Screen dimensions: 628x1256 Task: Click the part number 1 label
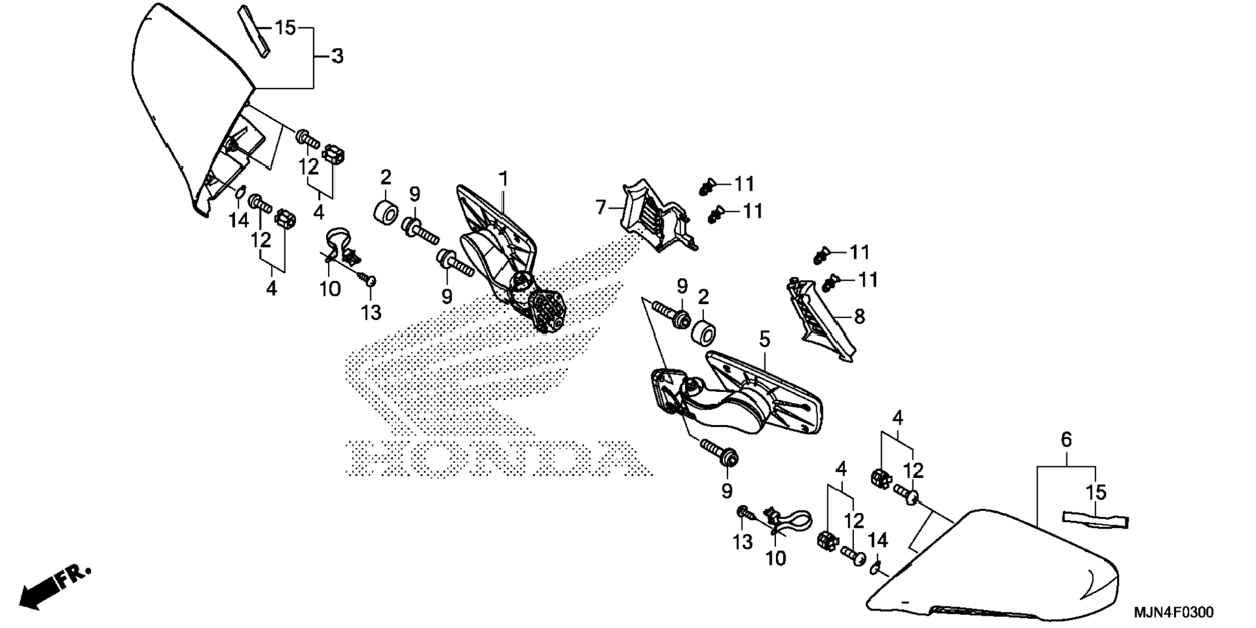[503, 177]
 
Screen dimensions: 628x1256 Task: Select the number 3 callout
[337, 57]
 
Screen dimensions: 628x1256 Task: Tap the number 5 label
[764, 339]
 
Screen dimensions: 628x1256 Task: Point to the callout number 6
[1066, 440]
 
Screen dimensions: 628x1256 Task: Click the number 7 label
[601, 208]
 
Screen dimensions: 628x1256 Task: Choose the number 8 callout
[859, 317]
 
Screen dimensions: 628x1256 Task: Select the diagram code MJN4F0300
[1173, 612]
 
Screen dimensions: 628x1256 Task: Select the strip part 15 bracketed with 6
[1095, 520]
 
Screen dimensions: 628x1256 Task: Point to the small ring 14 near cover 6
[875, 568]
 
